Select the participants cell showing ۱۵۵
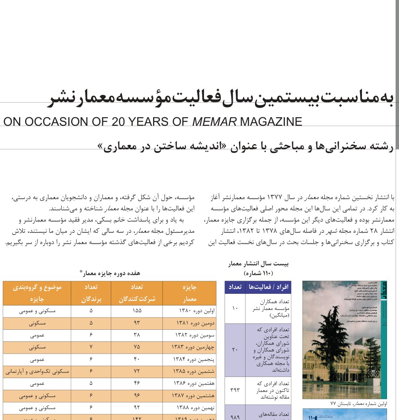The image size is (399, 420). click(x=137, y=311)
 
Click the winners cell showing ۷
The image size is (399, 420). click(x=91, y=347)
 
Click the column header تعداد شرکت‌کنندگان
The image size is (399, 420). click(x=137, y=293)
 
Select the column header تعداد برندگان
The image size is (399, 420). click(x=91, y=293)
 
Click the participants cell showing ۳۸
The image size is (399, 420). click(x=137, y=335)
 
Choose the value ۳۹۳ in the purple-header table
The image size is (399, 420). click(x=235, y=390)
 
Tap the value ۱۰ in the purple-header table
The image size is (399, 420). click(x=235, y=308)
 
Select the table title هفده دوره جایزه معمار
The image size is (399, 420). click(x=110, y=273)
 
